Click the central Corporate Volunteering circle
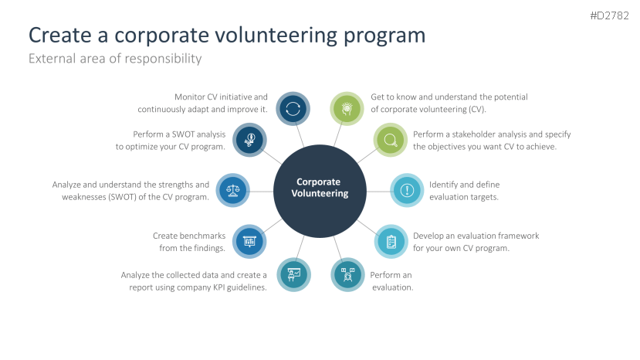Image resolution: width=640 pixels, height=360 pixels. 320,191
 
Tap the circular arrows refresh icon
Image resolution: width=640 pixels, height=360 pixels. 293,109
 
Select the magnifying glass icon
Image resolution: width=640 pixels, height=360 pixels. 390,140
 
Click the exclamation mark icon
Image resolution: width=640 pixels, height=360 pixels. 407,190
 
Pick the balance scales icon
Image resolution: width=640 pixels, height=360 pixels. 232,190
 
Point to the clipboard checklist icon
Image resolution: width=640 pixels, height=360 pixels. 391,241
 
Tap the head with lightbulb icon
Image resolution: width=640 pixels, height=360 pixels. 347,109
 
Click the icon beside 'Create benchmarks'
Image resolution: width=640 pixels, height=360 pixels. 249,241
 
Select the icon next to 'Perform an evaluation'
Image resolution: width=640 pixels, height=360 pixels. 347,274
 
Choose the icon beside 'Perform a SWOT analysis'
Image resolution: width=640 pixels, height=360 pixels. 249,140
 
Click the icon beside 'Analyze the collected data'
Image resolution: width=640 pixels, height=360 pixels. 294,274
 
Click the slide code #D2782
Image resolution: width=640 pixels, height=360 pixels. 609,15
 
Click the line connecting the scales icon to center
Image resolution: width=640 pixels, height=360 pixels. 261,191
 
